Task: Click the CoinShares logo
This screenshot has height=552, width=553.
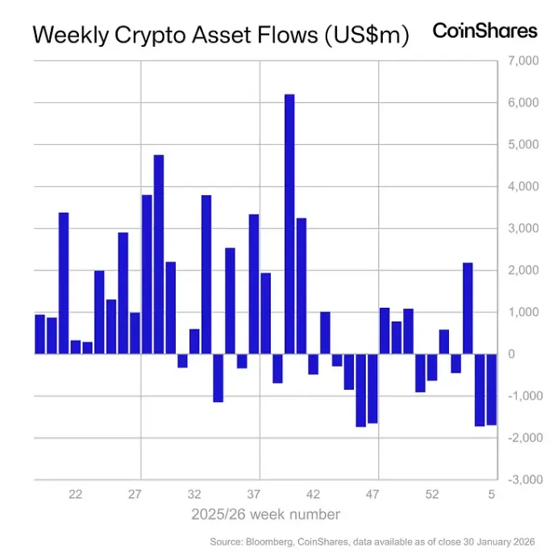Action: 484,31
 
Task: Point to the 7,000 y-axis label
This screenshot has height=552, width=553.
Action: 522,60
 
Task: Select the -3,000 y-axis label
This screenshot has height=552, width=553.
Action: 520,479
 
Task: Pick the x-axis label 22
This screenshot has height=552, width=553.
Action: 76,494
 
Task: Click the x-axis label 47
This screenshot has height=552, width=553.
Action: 372,494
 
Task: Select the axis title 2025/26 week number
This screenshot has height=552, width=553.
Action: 265,514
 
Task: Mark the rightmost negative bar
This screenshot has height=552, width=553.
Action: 492,389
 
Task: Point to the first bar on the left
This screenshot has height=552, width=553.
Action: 39,334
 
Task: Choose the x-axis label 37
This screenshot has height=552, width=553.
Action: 254,494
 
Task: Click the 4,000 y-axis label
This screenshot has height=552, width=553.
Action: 522,186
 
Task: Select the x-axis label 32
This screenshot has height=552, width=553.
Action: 194,494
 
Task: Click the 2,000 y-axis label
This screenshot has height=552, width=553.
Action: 522,270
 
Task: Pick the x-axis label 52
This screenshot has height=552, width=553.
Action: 432,494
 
